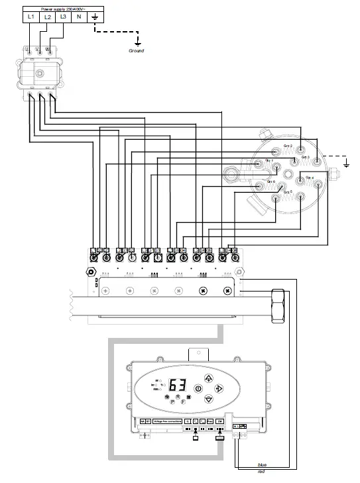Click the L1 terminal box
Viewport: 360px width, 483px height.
tap(31, 17)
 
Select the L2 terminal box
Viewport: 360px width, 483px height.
tap(47, 17)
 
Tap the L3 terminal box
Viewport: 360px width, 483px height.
tap(63, 17)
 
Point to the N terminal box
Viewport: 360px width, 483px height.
tap(79, 17)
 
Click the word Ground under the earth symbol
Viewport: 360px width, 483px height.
tap(136, 50)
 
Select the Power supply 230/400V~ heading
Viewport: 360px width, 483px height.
tap(63, 5)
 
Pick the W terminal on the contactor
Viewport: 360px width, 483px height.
tap(44, 50)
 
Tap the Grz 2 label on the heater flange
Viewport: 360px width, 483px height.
tap(288, 146)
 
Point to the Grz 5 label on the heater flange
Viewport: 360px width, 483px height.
tap(287, 192)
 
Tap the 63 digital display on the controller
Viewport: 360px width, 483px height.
tap(177, 386)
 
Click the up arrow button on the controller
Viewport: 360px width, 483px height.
tap(209, 377)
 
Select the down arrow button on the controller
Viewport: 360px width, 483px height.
tap(209, 399)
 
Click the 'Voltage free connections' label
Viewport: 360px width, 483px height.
tap(166, 421)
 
